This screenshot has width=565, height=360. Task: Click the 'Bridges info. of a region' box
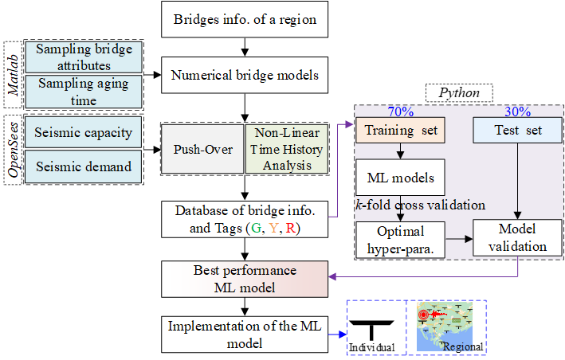(x=245, y=20)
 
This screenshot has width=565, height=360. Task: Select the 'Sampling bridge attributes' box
(x=84, y=57)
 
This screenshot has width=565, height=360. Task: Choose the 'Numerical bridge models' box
(x=245, y=76)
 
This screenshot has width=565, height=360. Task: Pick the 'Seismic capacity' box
(x=84, y=131)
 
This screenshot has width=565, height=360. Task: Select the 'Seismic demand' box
(x=84, y=167)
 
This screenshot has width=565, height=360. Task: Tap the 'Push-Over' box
(x=203, y=149)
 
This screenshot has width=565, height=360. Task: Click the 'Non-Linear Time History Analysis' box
(x=286, y=149)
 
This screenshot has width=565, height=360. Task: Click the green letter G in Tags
(x=257, y=228)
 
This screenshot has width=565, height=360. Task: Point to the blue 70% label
(x=399, y=111)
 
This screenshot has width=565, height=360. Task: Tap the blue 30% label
(x=518, y=111)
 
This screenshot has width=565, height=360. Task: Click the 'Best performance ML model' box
(x=245, y=279)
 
